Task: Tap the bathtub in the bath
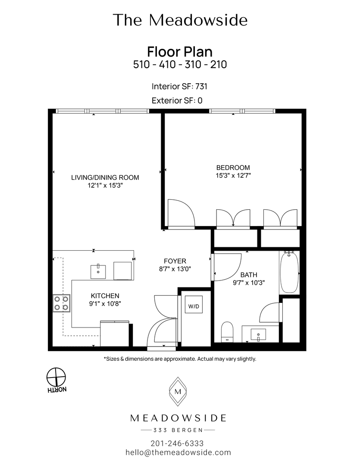coord(289,272)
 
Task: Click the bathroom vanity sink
coord(258,334)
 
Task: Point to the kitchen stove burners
coord(62,302)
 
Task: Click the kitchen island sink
coord(99,272)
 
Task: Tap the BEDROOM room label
coord(233,167)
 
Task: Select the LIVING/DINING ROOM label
coord(105,177)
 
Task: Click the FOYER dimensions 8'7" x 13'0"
coord(175,269)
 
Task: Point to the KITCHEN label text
coord(105,296)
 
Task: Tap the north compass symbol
coord(56,377)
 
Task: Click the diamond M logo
coord(178,392)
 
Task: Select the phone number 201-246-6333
coord(177,444)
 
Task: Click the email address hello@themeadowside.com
coord(178,453)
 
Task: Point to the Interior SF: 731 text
coord(179,86)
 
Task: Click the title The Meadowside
coord(180,20)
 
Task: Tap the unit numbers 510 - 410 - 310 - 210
coord(180,65)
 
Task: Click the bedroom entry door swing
coord(181,213)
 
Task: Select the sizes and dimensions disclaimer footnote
coord(180,359)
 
